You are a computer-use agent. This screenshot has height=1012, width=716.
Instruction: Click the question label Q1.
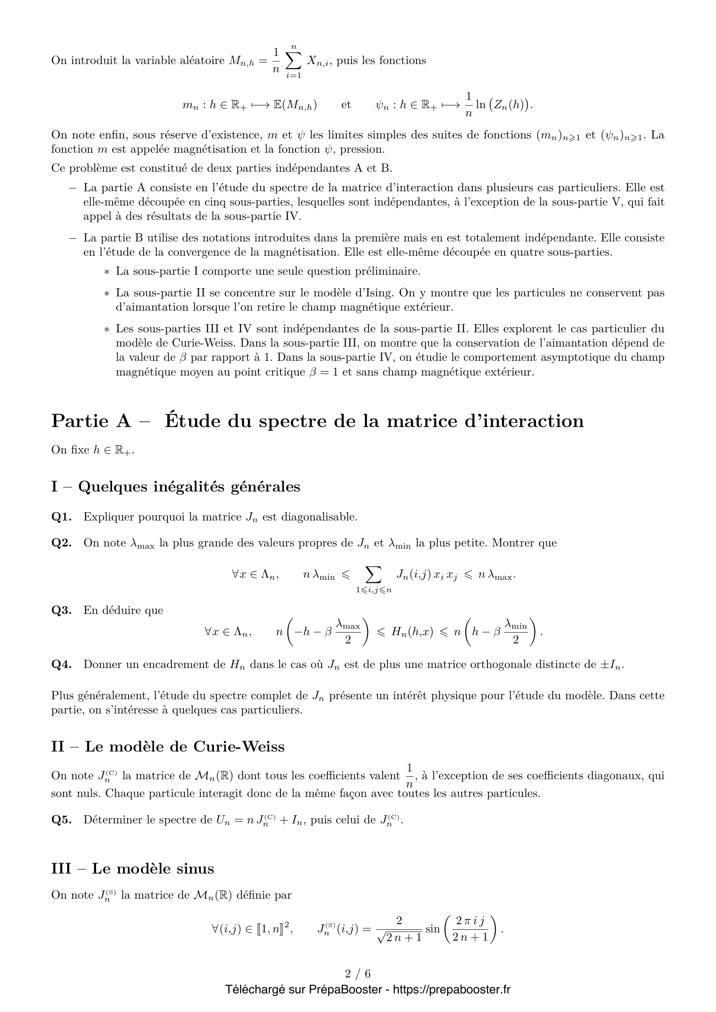[61, 517]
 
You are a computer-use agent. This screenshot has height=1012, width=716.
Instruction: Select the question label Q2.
[61, 543]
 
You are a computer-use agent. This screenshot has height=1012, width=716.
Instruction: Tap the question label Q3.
[61, 610]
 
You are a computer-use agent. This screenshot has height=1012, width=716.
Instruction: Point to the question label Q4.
[61, 665]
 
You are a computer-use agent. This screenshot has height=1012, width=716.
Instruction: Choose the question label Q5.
[61, 820]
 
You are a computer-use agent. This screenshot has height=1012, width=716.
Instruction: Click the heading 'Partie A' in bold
[91, 421]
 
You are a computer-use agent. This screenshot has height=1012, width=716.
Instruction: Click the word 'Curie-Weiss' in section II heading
[239, 747]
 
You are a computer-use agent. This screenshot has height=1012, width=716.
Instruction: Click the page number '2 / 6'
[358, 973]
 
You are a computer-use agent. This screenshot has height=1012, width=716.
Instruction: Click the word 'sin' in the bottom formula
[432, 929]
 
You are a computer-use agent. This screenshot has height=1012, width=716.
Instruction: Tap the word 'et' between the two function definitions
[346, 105]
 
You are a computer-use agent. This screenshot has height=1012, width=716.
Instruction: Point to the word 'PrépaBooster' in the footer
[345, 990]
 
